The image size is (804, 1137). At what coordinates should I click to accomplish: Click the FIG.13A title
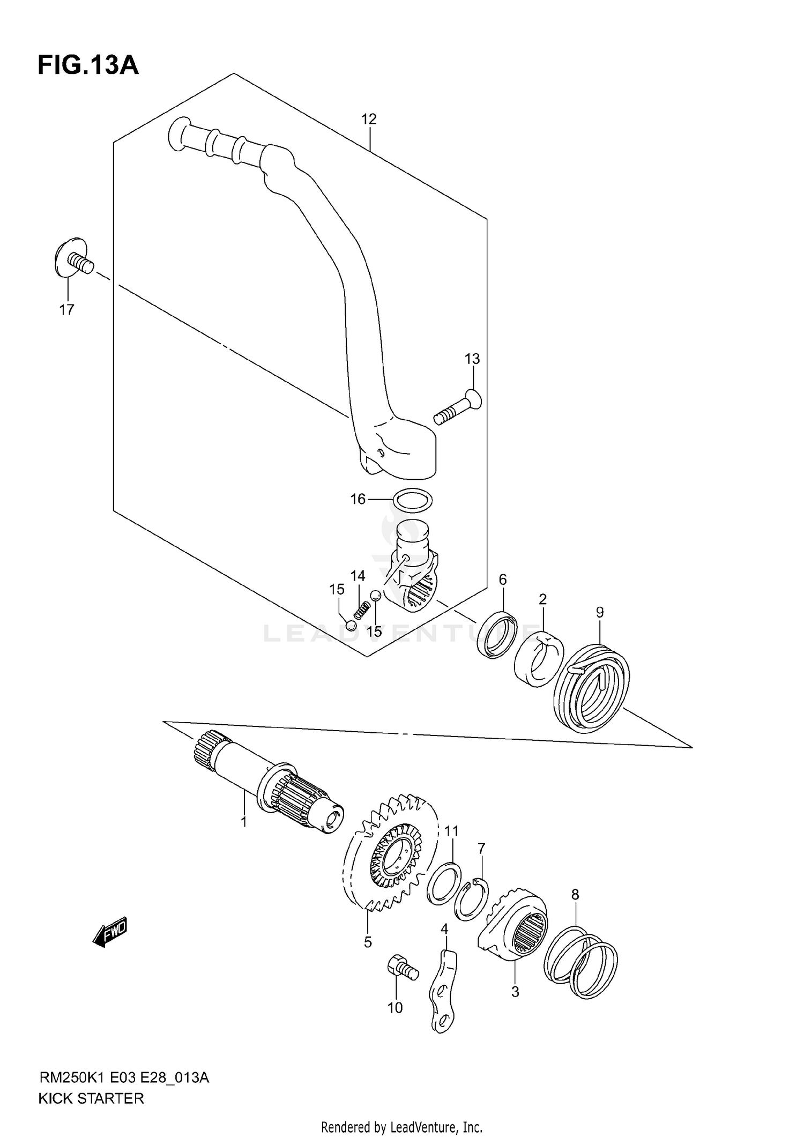[x=88, y=65]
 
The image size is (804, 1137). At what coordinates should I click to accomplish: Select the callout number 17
[x=66, y=310]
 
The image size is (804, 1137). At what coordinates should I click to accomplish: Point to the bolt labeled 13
[x=457, y=408]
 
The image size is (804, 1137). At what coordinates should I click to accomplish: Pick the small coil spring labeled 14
[x=362, y=610]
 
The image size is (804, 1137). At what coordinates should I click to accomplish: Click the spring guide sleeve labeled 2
[x=539, y=659]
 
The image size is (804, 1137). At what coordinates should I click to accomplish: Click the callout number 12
[x=369, y=119]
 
